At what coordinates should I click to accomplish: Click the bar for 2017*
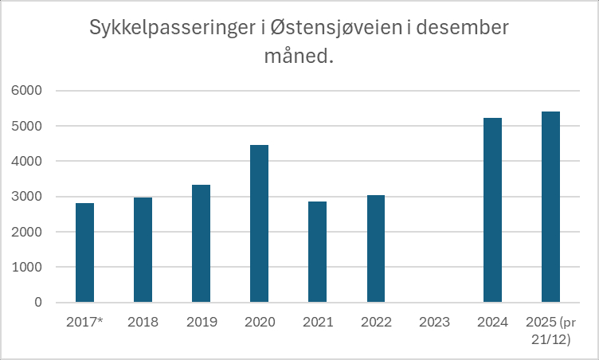[x=85, y=252]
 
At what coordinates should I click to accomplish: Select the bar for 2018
[x=143, y=249]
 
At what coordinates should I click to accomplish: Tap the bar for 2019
[x=202, y=243]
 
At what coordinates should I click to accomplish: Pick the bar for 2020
[x=260, y=223]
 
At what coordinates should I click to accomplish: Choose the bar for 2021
[x=318, y=252]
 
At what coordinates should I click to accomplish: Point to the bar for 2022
[x=376, y=248]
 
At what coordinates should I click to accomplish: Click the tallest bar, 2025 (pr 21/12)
[x=550, y=206]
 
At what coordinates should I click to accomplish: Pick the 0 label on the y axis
[x=37, y=303]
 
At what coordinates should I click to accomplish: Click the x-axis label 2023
[x=434, y=323]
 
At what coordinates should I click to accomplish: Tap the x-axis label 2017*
[x=85, y=323]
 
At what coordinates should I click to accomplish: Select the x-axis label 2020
[x=260, y=323]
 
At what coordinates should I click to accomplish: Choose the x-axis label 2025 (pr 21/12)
[x=552, y=329]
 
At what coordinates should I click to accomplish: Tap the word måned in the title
[x=287, y=58]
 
